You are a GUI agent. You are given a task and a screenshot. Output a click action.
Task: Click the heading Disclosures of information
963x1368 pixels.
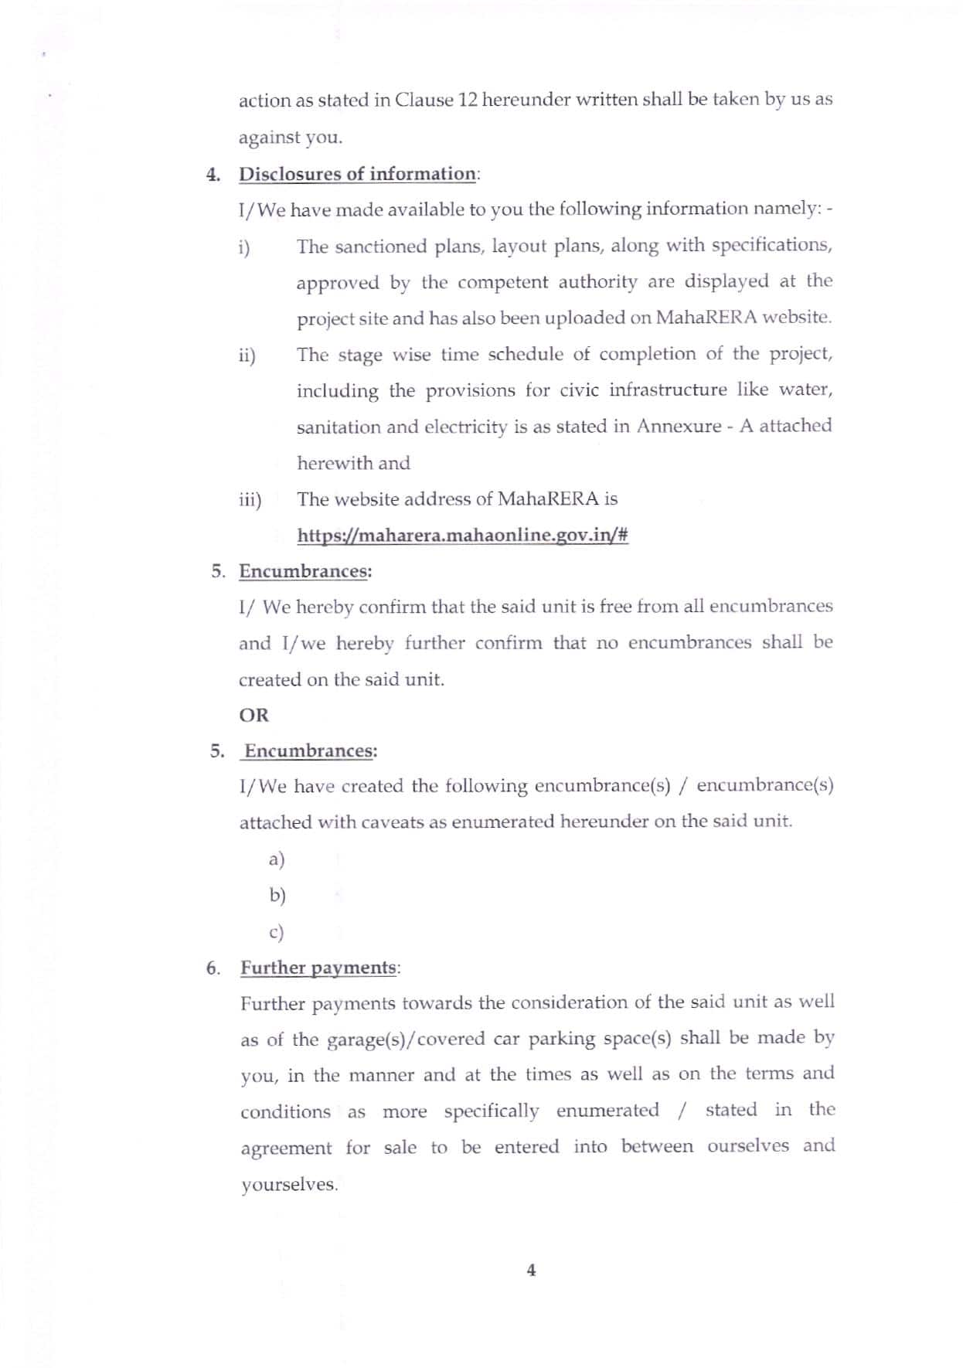[x=357, y=174]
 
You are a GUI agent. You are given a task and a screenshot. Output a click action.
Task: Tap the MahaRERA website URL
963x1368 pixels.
[x=462, y=535]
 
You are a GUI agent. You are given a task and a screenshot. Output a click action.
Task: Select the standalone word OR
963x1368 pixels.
[x=254, y=715]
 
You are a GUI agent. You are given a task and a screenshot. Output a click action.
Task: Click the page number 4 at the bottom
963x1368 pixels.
[x=530, y=1270]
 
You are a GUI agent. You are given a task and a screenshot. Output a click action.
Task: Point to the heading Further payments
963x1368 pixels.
[x=318, y=968]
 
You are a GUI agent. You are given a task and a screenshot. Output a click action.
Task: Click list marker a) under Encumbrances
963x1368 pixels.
[x=277, y=859]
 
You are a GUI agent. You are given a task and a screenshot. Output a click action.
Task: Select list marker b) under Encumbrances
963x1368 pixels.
[x=277, y=895]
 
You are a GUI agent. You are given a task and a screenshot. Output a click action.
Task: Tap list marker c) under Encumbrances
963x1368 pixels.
[x=277, y=932]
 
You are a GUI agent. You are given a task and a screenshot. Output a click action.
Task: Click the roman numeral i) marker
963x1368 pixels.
[x=245, y=247]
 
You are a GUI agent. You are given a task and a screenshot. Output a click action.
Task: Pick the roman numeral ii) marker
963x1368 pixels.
[x=247, y=356]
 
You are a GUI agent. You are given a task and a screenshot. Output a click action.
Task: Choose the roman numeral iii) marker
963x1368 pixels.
[x=250, y=500]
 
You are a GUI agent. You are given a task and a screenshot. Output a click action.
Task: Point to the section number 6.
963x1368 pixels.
[x=213, y=968]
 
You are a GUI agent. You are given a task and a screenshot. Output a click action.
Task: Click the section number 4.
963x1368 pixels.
[x=213, y=174]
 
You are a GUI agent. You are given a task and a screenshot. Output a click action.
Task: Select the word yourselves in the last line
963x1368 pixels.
[x=288, y=1185]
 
